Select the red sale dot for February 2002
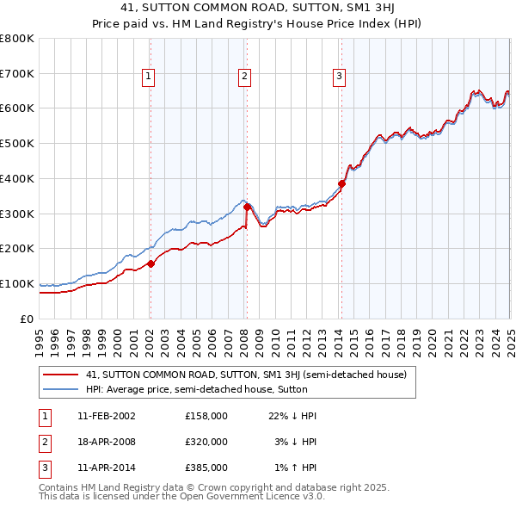pos(150,263)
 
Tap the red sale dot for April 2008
pos(247,207)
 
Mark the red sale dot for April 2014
pos(341,183)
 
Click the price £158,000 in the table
pos(206,416)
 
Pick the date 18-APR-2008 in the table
pos(106,442)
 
